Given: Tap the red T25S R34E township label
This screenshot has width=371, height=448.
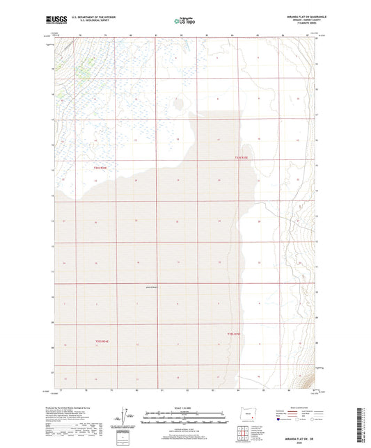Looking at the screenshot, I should (102, 341).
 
